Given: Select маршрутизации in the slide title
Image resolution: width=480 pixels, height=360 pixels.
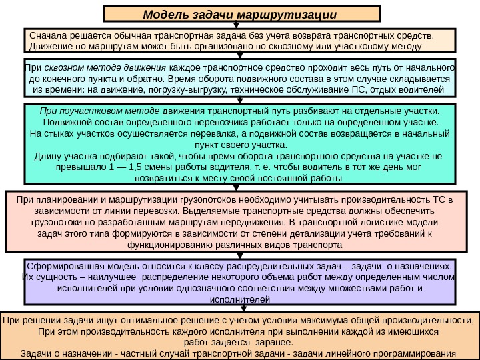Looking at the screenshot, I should click(x=296, y=15).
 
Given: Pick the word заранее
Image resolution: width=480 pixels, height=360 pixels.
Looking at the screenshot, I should click(x=274, y=342).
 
